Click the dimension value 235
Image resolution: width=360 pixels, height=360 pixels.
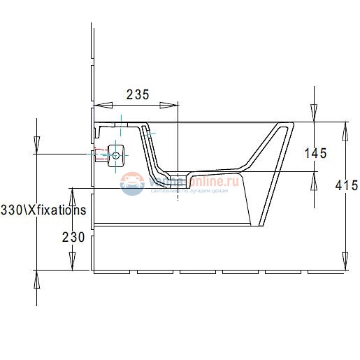click(x=137, y=95)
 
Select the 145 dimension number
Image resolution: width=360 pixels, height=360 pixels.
click(x=315, y=152)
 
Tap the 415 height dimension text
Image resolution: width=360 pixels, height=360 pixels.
click(x=347, y=185)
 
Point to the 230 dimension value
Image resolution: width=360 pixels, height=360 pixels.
click(x=73, y=238)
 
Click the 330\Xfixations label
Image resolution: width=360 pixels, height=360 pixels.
click(x=43, y=210)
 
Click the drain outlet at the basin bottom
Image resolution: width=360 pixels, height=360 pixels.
click(x=179, y=175)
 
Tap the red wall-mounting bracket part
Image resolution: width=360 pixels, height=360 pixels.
click(x=99, y=154)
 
